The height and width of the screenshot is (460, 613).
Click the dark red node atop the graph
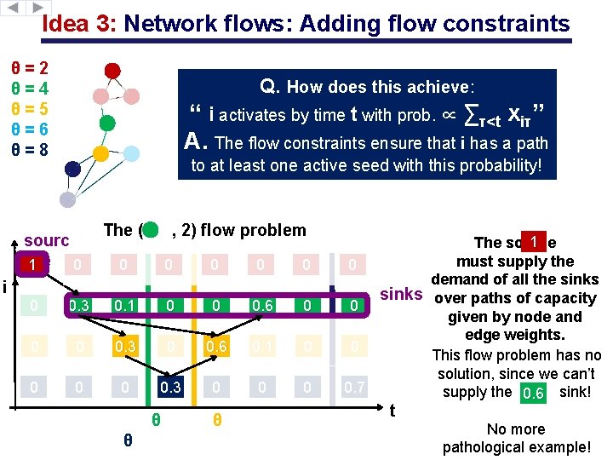[112, 70]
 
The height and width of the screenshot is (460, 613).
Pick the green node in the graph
[106, 123]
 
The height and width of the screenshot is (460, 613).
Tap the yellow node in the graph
[100, 153]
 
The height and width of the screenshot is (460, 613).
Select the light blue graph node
[130, 153]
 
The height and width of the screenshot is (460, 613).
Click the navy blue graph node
[72, 170]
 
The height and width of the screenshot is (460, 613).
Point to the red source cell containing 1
[32, 265]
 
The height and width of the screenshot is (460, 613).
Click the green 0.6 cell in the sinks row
[261, 306]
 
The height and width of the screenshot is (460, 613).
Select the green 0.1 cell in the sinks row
[123, 306]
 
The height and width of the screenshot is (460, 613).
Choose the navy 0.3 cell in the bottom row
[169, 388]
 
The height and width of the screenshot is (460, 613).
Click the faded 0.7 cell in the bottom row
[353, 388]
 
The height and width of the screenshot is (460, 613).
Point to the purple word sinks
[401, 295]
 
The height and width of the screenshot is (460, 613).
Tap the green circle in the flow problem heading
[150, 230]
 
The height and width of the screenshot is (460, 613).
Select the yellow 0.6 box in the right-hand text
[533, 393]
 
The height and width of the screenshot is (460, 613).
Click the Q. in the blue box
[270, 86]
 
